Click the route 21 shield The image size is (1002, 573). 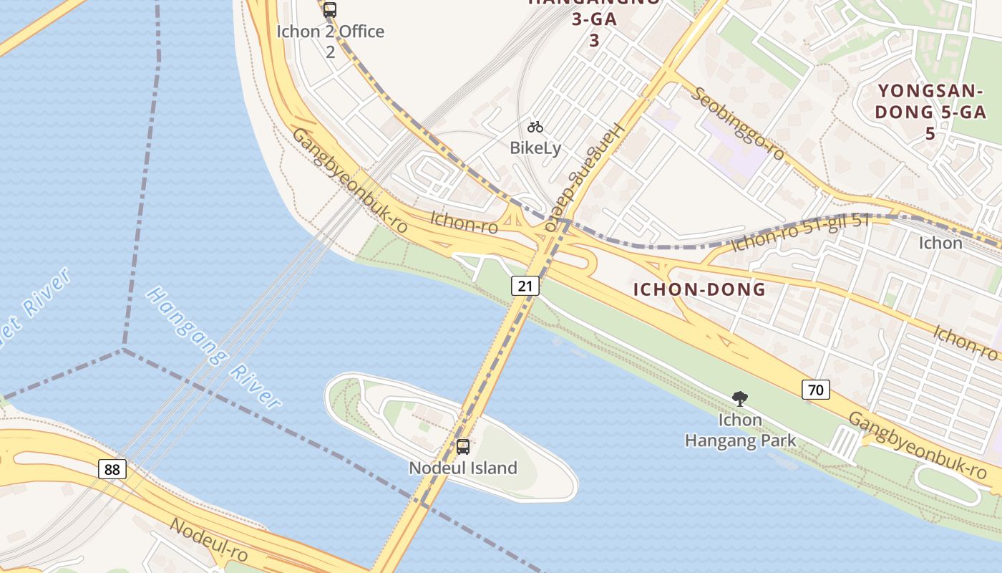click(525, 286)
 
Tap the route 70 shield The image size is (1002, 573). click(816, 390)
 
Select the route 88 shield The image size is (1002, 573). click(112, 469)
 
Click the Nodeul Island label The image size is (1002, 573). click(463, 468)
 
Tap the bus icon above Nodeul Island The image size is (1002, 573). click(463, 447)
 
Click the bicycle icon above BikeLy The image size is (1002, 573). click(535, 127)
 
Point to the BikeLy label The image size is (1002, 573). click(535, 148)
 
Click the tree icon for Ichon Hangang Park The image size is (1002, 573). click(740, 398)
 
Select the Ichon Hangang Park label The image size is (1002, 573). click(740, 430)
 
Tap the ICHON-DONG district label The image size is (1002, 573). click(699, 289)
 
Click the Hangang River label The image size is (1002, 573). click(213, 348)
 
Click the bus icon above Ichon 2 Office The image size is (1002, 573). click(329, 10)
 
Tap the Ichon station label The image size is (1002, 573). click(940, 243)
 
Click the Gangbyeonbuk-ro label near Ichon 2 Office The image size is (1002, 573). click(349, 181)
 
